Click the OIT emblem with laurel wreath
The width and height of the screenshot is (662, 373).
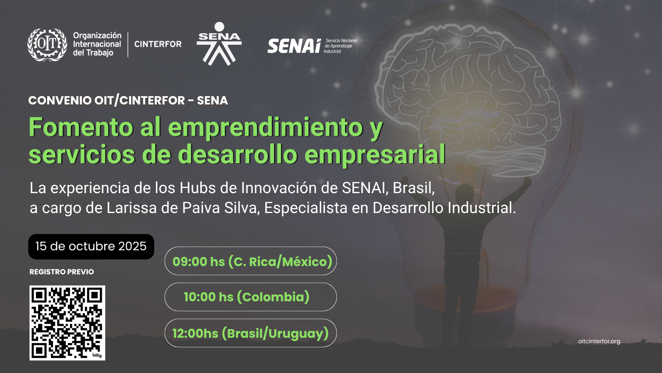[x=47, y=45]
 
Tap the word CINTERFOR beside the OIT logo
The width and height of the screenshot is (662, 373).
[x=158, y=44]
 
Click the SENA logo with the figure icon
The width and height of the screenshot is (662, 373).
[x=219, y=44]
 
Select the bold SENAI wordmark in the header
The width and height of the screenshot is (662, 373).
[x=294, y=46]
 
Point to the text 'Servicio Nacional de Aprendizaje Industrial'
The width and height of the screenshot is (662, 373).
[x=341, y=46]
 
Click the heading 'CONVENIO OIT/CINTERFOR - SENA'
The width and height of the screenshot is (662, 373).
[x=128, y=100]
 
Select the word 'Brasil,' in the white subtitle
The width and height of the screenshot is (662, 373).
[x=413, y=188]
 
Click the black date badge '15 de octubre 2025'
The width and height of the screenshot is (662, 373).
[x=91, y=247]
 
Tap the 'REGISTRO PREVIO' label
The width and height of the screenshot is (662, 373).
[x=62, y=272]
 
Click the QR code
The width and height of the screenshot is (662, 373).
[x=67, y=323]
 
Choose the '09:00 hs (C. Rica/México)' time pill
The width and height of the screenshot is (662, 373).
[x=251, y=261]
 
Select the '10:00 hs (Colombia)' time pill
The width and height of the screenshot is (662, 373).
[x=251, y=297]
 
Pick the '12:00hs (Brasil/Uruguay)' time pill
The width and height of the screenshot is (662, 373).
[x=251, y=333]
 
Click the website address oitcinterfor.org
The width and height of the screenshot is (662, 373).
[x=599, y=342]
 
